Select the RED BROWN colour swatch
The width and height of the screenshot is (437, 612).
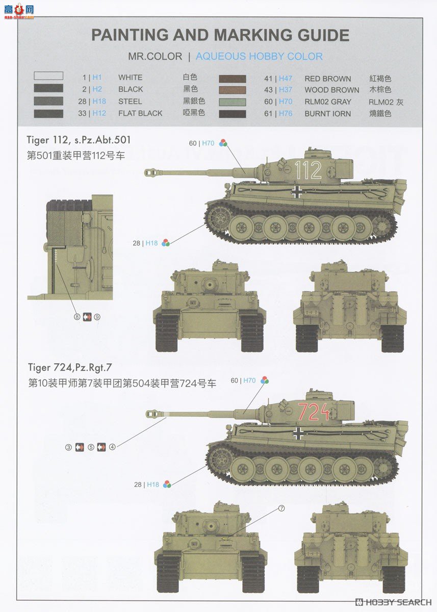(x=233, y=79)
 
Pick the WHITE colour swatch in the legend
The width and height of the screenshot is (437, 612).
(x=48, y=76)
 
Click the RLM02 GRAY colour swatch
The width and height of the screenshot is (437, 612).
(x=233, y=101)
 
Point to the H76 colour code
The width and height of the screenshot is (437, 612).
(x=286, y=114)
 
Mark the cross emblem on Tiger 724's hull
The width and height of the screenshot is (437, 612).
(x=298, y=433)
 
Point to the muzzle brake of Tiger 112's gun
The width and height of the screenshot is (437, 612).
(x=151, y=173)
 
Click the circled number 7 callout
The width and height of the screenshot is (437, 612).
(x=281, y=508)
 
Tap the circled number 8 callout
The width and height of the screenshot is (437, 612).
(x=77, y=317)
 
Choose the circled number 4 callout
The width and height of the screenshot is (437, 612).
(x=112, y=447)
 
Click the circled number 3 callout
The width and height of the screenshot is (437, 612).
(x=68, y=447)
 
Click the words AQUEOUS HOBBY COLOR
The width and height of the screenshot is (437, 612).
(x=259, y=57)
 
